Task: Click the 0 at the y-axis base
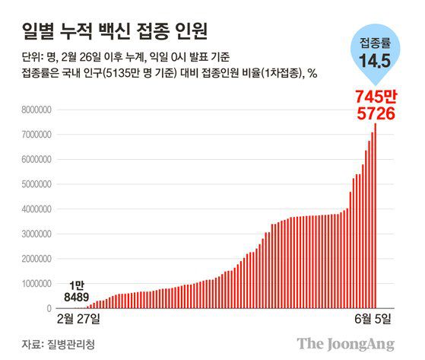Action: click(x=47, y=309)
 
